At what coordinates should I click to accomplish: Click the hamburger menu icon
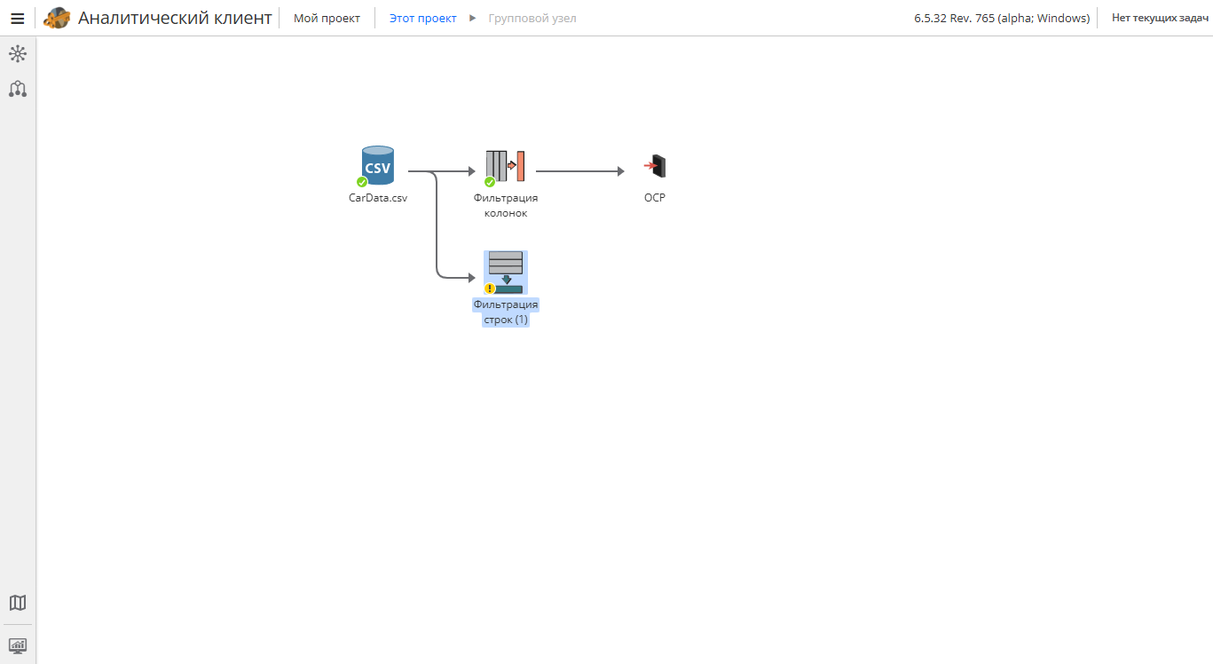coord(18,19)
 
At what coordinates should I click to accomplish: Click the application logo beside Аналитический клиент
coord(57,18)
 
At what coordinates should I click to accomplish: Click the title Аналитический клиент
coord(175,18)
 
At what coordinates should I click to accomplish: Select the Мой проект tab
coord(327,18)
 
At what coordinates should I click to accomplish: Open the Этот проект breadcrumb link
coord(423,18)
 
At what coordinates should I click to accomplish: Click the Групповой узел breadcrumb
coord(532,18)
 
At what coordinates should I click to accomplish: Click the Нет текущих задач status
coord(1160,18)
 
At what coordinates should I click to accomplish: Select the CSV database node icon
coord(378,165)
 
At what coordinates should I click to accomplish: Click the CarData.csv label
coord(378,198)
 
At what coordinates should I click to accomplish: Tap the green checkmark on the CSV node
coord(362,182)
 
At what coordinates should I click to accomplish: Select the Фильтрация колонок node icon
coord(505,166)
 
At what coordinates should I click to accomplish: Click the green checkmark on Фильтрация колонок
coord(490,182)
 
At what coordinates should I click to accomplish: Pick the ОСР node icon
coord(655,166)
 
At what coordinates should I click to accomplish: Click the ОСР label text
coord(655,198)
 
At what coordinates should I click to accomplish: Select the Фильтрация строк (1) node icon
coord(506,273)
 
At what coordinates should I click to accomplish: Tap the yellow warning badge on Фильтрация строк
coord(490,289)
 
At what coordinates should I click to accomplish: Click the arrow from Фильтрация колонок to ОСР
coord(580,171)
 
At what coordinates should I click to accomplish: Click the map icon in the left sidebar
coord(18,602)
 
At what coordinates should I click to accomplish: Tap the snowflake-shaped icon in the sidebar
coord(18,53)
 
